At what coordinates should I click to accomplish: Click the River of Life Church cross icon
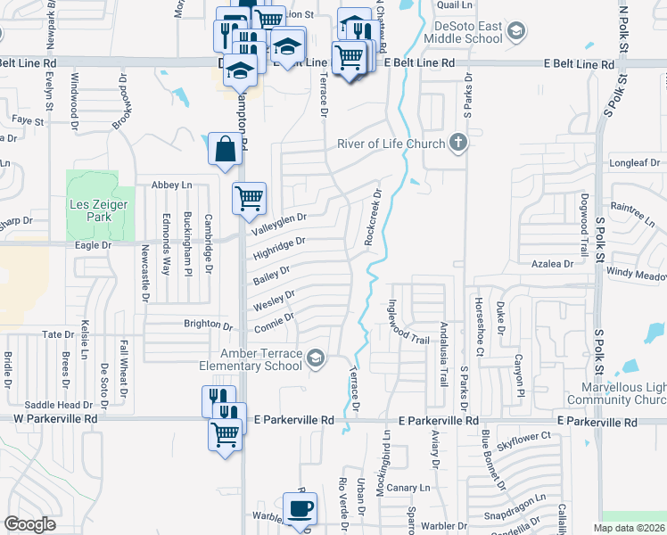tap(457, 143)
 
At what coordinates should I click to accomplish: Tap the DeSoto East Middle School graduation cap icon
tap(515, 33)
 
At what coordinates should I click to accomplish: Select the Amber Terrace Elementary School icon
tap(315, 358)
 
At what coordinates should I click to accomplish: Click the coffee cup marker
tap(300, 507)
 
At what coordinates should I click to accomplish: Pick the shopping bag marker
tap(225, 149)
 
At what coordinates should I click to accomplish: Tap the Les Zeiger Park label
tap(99, 210)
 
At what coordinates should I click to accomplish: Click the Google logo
tap(30, 524)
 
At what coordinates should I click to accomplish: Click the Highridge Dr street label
tap(279, 248)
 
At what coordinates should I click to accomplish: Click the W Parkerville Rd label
tap(54, 418)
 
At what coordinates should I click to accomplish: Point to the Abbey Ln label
tap(172, 185)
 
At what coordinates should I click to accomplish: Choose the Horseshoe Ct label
tap(480, 325)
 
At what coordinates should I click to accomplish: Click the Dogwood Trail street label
tap(584, 220)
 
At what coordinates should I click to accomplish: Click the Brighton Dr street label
tap(208, 324)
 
